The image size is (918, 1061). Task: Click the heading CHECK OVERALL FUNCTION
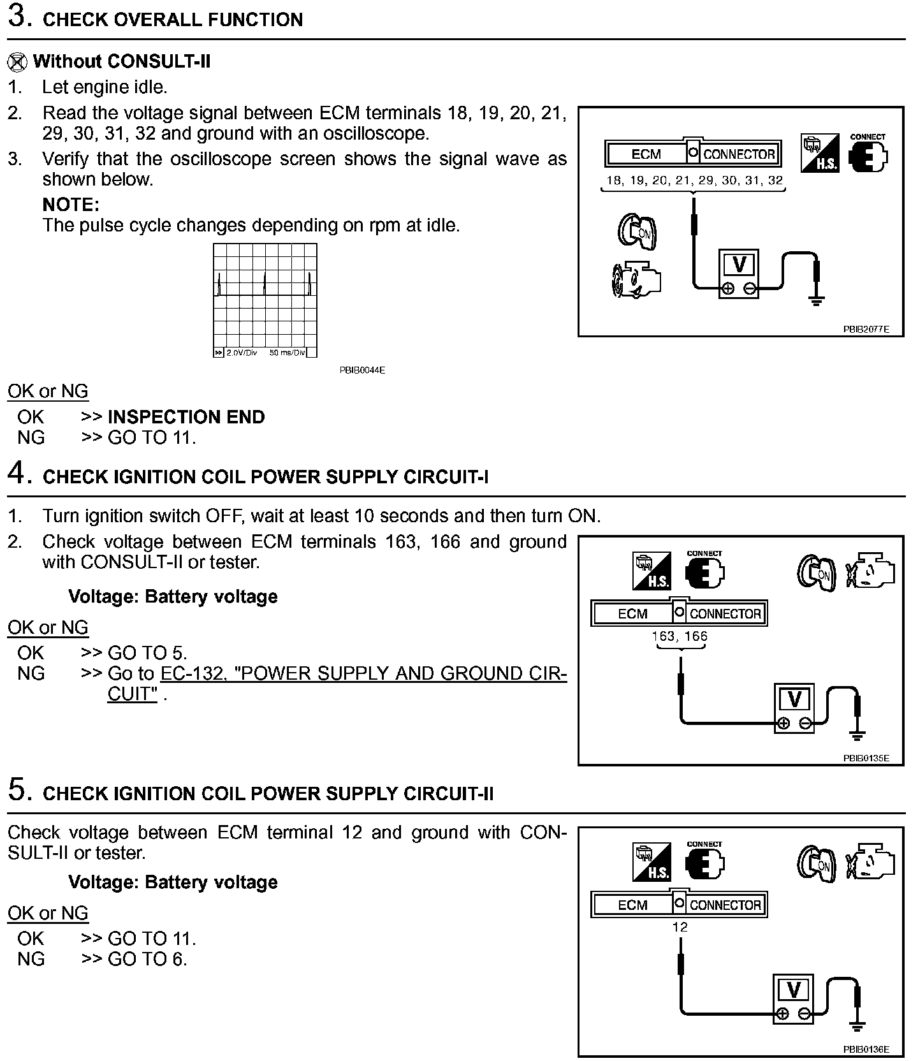coord(172,20)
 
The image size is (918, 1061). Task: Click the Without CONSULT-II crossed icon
coord(18,62)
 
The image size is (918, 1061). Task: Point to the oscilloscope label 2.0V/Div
coord(242,353)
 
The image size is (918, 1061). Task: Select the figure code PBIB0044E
coord(362,370)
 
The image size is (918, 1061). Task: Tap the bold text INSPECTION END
coord(186,417)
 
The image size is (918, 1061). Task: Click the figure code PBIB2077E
coord(866,330)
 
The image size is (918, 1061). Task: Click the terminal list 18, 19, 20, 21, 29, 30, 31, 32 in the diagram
coord(694,180)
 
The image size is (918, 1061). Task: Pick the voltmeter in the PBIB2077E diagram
coord(739,273)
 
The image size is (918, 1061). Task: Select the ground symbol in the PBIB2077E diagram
coord(816,300)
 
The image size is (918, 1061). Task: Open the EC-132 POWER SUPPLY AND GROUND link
coord(363,674)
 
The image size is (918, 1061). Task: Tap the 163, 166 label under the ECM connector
coord(680,636)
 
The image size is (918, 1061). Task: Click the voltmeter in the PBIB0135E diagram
coord(794,708)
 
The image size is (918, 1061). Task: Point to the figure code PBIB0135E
coord(866,758)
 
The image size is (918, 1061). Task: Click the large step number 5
coord(18,790)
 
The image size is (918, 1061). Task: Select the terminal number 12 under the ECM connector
coord(680,927)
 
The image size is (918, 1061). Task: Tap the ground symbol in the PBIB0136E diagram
coord(857,1027)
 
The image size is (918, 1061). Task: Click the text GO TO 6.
coord(147,959)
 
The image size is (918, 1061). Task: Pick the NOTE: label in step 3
coord(71,205)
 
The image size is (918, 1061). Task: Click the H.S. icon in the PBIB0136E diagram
coord(652,861)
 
